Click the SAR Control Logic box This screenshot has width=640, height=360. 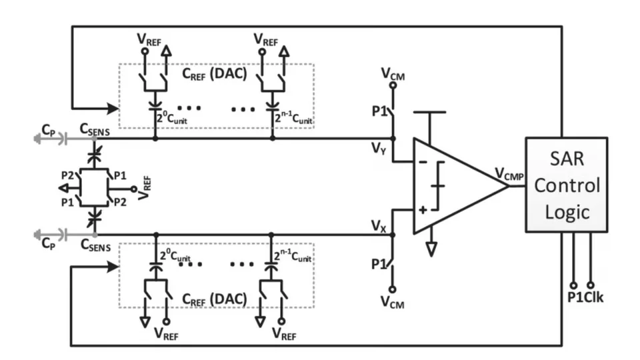pos(566,185)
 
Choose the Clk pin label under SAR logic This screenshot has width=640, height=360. pos(593,298)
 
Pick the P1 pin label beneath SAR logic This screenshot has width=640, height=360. pos(574,298)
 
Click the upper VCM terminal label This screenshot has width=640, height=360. pos(393,73)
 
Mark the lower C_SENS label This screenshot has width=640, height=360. pos(95,245)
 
